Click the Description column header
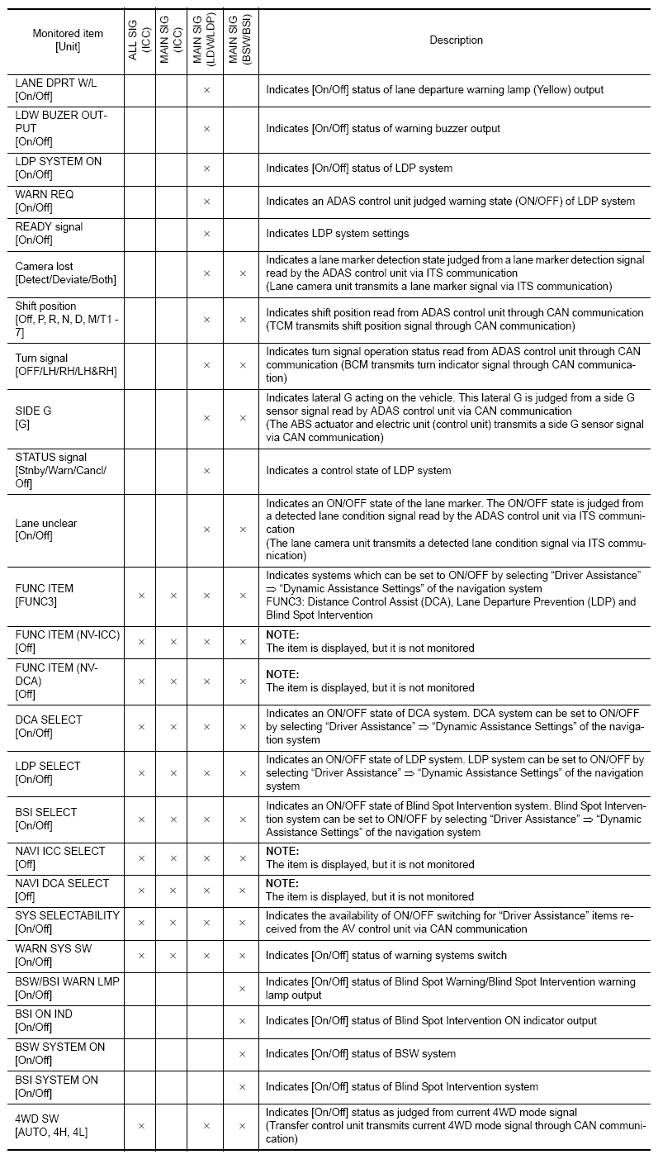[456, 40]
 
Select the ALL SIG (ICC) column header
[140, 40]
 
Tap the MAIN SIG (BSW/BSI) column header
[241, 40]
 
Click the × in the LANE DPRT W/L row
[206, 89]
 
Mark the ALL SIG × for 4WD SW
[140, 1125]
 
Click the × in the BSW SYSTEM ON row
[242, 1054]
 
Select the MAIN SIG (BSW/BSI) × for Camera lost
[242, 273]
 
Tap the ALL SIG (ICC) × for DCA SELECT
[140, 727]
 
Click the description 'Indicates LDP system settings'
[337, 234]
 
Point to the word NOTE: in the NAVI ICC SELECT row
[282, 851]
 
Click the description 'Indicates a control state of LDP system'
[358, 471]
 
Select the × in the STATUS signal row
[206, 471]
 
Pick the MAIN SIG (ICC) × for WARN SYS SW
[173, 956]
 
